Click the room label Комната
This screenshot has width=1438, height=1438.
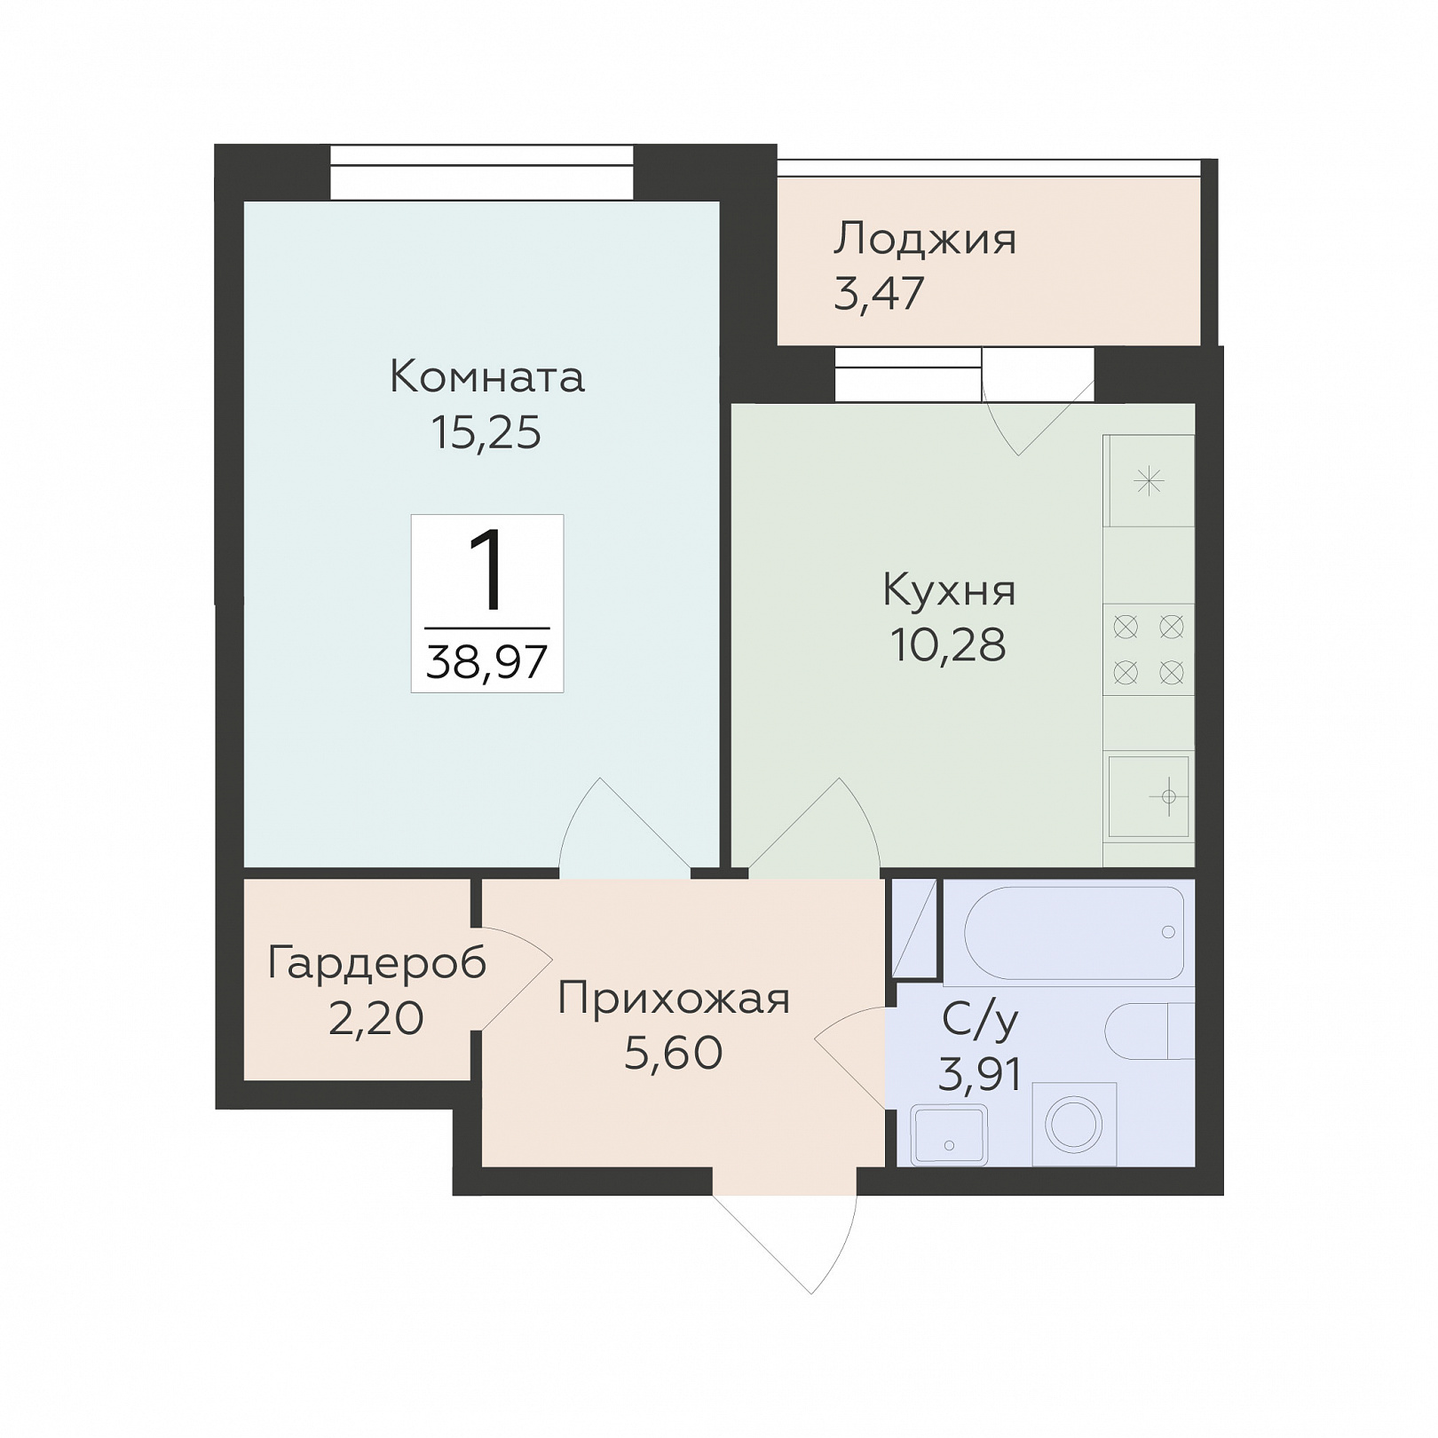pyautogui.click(x=487, y=377)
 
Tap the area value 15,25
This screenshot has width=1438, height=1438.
pyautogui.click(x=486, y=433)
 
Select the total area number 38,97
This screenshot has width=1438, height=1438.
pyautogui.click(x=486, y=661)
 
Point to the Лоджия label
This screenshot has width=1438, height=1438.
pyautogui.click(x=924, y=240)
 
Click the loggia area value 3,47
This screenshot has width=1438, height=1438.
pyautogui.click(x=879, y=293)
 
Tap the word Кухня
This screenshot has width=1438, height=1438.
pyautogui.click(x=949, y=590)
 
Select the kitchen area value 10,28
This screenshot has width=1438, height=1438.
pyautogui.click(x=948, y=645)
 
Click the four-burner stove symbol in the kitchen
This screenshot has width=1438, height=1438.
pyautogui.click(x=1149, y=650)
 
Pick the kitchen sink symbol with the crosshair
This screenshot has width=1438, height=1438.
pyautogui.click(x=1149, y=797)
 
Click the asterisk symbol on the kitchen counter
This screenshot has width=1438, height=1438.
pyautogui.click(x=1149, y=482)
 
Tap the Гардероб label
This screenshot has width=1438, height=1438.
pyautogui.click(x=377, y=962)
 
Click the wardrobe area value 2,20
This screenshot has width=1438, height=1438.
pyautogui.click(x=376, y=1019)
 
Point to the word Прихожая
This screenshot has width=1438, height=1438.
pyautogui.click(x=674, y=999)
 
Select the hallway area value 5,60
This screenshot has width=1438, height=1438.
pyautogui.click(x=674, y=1054)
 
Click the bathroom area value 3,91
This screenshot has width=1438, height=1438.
pyautogui.click(x=980, y=1076)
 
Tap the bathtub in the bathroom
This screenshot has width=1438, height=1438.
pyautogui.click(x=1074, y=932)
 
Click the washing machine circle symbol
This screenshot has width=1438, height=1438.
pyautogui.click(x=1074, y=1125)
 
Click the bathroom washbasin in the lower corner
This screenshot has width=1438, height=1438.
pyautogui.click(x=949, y=1134)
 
